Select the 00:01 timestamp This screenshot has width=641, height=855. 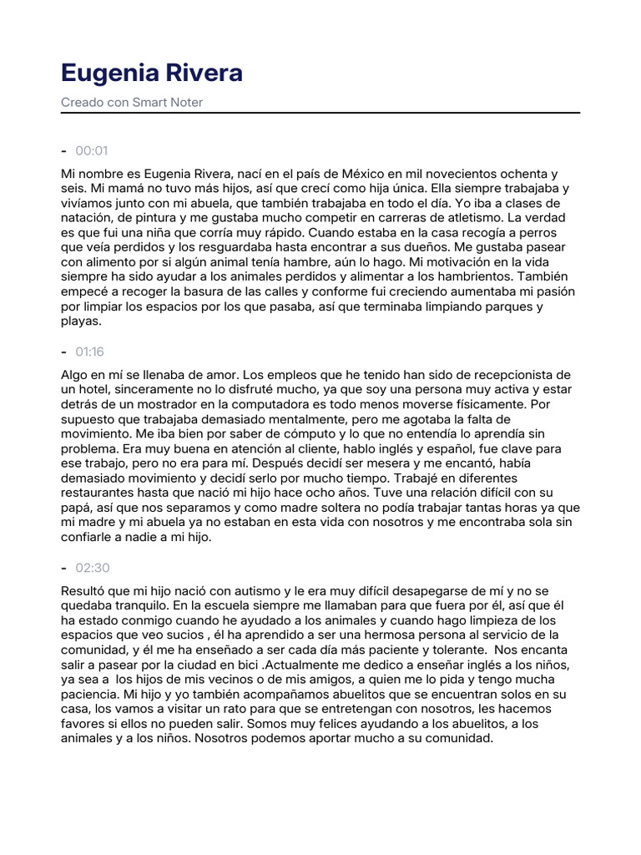tap(92, 151)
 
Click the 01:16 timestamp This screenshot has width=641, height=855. tap(89, 352)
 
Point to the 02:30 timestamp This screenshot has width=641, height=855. tap(92, 568)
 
